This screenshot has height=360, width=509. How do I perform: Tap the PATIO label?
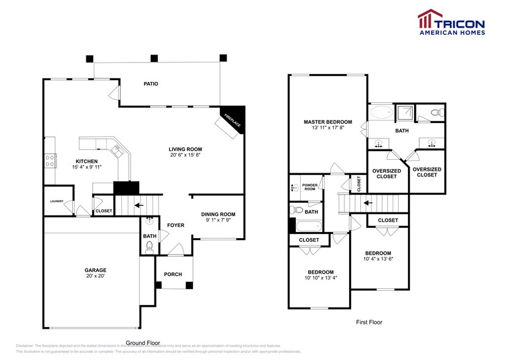point(151,84)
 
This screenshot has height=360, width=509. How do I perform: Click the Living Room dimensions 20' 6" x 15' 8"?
point(186,156)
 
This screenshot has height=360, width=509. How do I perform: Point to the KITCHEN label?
point(86,161)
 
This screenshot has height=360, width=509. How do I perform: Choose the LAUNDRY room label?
point(57,201)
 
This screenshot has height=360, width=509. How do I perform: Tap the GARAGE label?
point(96,270)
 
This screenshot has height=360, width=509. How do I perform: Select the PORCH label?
point(173,274)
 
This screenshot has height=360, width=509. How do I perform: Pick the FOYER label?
point(176,225)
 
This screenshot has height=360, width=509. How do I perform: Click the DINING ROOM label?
point(218,214)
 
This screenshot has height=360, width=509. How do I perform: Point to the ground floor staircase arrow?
point(140,205)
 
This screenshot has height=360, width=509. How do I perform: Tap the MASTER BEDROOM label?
point(328,122)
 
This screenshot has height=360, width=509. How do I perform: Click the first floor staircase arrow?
point(368,201)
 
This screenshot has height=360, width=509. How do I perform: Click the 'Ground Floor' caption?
point(143,343)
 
